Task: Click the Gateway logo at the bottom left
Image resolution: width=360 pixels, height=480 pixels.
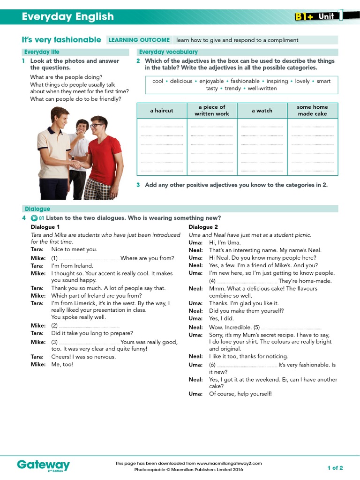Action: click(43, 465)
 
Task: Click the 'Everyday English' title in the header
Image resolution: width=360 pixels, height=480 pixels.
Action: click(68, 17)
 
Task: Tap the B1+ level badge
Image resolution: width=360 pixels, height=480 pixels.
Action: click(304, 17)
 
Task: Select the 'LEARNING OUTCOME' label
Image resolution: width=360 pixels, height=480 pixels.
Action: click(139, 40)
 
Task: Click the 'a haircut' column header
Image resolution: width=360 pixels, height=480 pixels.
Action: click(161, 111)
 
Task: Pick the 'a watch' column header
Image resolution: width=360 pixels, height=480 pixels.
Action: click(262, 111)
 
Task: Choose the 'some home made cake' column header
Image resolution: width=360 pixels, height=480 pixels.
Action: click(312, 111)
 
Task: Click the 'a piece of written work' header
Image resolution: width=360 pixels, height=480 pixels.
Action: click(211, 111)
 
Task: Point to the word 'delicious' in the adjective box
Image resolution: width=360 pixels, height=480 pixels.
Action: click(181, 81)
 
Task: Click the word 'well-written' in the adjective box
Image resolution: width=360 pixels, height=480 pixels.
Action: click(262, 88)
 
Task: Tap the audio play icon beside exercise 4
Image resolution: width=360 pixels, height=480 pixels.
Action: click(34, 218)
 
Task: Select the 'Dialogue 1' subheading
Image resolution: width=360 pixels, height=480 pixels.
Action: click(45, 227)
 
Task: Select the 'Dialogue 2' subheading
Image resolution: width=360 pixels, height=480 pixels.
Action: click(203, 227)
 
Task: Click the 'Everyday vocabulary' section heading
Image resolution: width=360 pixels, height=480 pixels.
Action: click(168, 52)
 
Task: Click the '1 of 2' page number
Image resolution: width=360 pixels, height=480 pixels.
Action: click(335, 468)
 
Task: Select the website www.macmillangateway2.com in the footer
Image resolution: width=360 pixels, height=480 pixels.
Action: click(223, 463)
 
